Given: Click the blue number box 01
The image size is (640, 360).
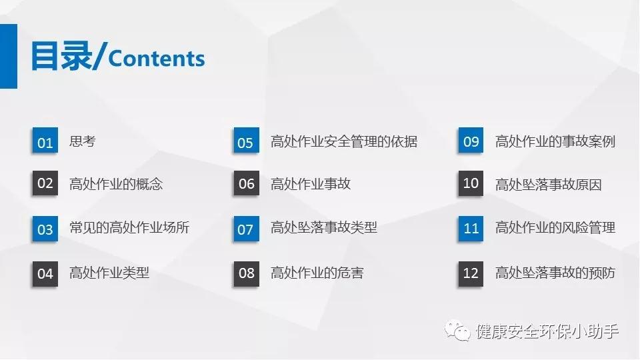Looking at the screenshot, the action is (45, 141).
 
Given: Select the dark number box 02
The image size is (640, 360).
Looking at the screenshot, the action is (45, 183).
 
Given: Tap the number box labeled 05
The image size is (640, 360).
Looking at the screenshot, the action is (246, 141).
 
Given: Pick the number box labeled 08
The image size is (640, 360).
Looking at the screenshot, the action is (246, 273).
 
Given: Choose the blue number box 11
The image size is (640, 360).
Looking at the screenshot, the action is (471, 229).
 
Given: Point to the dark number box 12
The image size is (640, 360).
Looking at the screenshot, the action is (471, 273).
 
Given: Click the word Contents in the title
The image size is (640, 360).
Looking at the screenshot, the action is (156, 59).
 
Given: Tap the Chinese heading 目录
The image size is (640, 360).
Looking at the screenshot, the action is (61, 56).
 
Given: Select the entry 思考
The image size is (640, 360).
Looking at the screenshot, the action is (83, 141).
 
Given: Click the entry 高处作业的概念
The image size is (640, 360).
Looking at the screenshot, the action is (116, 184).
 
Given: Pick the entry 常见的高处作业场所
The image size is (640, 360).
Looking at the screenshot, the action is (129, 227).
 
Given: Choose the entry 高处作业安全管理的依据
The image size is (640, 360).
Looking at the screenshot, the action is (344, 141).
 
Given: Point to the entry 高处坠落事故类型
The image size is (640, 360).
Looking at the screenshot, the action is (324, 227).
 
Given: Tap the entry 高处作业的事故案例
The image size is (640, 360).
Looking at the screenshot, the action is (555, 141).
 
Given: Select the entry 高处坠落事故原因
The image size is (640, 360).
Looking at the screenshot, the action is (549, 185).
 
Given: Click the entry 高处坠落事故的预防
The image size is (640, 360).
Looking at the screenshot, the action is (555, 273).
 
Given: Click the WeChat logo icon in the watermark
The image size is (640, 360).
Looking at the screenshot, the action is (457, 331).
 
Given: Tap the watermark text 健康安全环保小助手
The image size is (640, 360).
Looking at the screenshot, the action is (547, 331).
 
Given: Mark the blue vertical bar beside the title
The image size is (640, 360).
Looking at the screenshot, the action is (9, 56).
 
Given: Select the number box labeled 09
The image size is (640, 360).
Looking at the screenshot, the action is (471, 141).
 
